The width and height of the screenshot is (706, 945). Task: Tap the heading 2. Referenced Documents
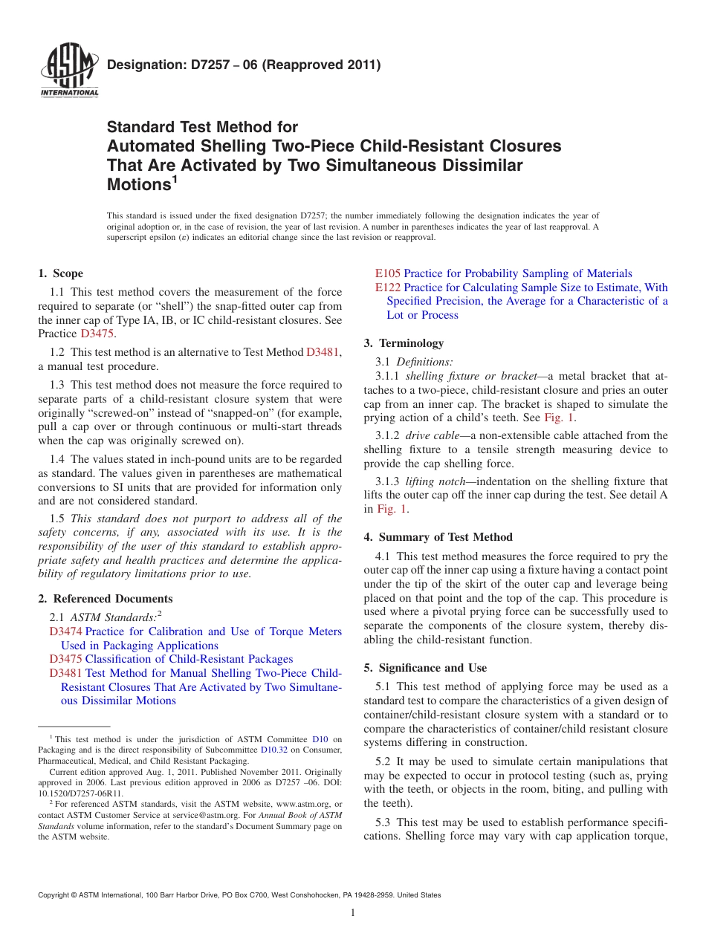click(105, 599)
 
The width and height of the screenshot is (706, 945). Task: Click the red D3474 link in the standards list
click(65, 631)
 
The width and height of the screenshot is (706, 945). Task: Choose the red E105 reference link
click(387, 273)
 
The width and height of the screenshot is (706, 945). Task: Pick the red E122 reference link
click(387, 288)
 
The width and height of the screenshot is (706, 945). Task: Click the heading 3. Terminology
click(404, 343)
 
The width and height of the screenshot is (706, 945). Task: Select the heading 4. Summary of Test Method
click(438, 537)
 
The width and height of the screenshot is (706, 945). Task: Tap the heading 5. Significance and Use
click(425, 668)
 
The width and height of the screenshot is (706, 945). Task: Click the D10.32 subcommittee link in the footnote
click(273, 750)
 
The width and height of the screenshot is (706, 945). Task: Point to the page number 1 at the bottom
click(352, 912)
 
